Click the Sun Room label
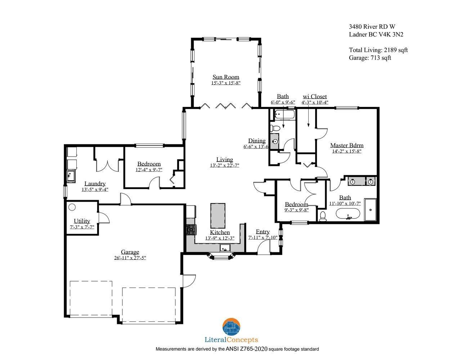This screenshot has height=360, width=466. pyautogui.click(x=225, y=77)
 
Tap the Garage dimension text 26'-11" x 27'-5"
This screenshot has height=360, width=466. pyautogui.click(x=130, y=258)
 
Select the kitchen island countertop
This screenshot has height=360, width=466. pyautogui.click(x=218, y=216)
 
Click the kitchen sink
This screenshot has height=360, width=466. pyautogui.click(x=225, y=248)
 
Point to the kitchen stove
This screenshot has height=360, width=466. pyautogui.click(x=191, y=230)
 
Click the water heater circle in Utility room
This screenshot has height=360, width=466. pyautogui.click(x=72, y=207)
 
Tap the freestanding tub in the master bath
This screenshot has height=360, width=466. pyautogui.click(x=348, y=213)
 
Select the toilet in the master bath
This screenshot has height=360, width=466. pyautogui.click(x=323, y=216)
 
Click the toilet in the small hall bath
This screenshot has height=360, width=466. pyautogui.click(x=275, y=128)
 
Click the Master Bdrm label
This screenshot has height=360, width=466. pyautogui.click(x=346, y=145)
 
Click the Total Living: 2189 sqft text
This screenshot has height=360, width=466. pyautogui.click(x=378, y=50)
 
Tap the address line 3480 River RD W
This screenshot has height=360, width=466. pyautogui.click(x=372, y=27)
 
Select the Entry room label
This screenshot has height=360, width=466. pyautogui.click(x=263, y=231)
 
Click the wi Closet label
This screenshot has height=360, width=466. pyautogui.click(x=315, y=96)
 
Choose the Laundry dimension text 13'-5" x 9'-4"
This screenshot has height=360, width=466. pyautogui.click(x=95, y=189)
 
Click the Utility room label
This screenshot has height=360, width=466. pyautogui.click(x=82, y=221)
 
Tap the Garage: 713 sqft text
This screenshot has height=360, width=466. pyautogui.click(x=370, y=58)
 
